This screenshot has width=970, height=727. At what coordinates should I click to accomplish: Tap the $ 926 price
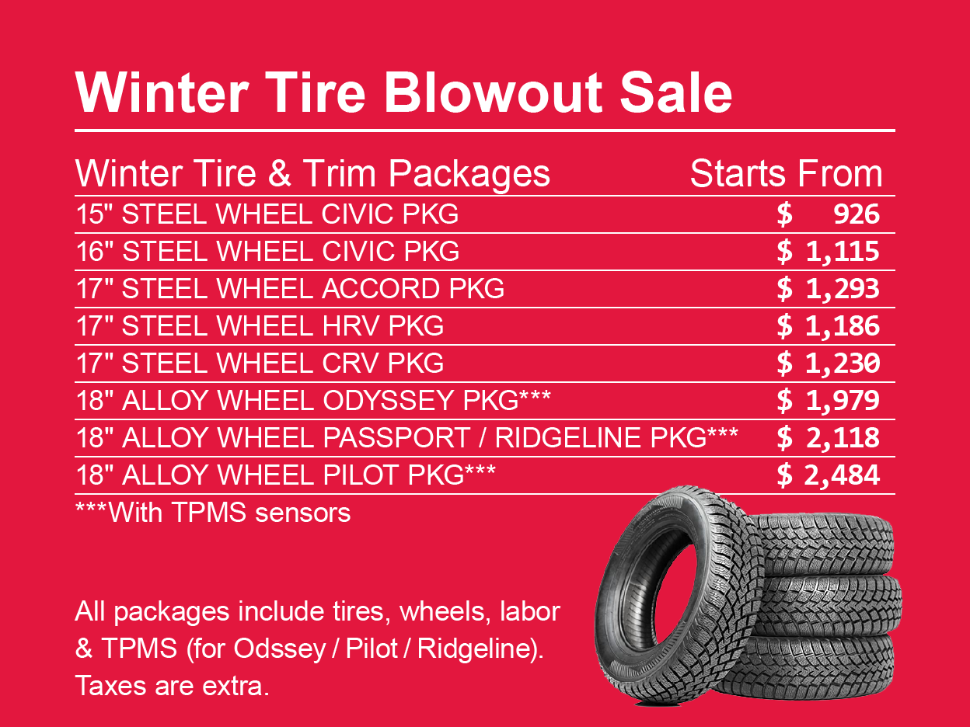tap(829, 214)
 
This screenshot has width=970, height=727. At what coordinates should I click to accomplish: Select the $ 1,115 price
tap(829, 252)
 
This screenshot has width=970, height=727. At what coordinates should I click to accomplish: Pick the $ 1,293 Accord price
tap(829, 289)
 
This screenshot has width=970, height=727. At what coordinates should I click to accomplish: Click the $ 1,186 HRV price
tap(829, 326)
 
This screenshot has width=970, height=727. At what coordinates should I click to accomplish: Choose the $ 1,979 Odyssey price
tap(829, 401)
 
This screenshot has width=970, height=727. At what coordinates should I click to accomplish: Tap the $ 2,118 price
tap(829, 438)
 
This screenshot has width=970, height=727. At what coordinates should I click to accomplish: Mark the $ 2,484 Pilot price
tap(829, 475)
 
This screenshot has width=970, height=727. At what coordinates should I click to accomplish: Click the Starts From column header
tap(786, 174)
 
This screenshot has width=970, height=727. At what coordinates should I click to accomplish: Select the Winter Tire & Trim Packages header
tap(312, 174)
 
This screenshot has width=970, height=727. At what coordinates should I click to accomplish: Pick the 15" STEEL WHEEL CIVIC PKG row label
tap(267, 214)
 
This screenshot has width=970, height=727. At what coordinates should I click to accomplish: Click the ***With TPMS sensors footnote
tap(213, 513)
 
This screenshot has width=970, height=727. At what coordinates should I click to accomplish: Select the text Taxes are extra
tap(172, 686)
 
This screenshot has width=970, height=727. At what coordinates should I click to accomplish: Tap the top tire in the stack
tap(824, 544)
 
